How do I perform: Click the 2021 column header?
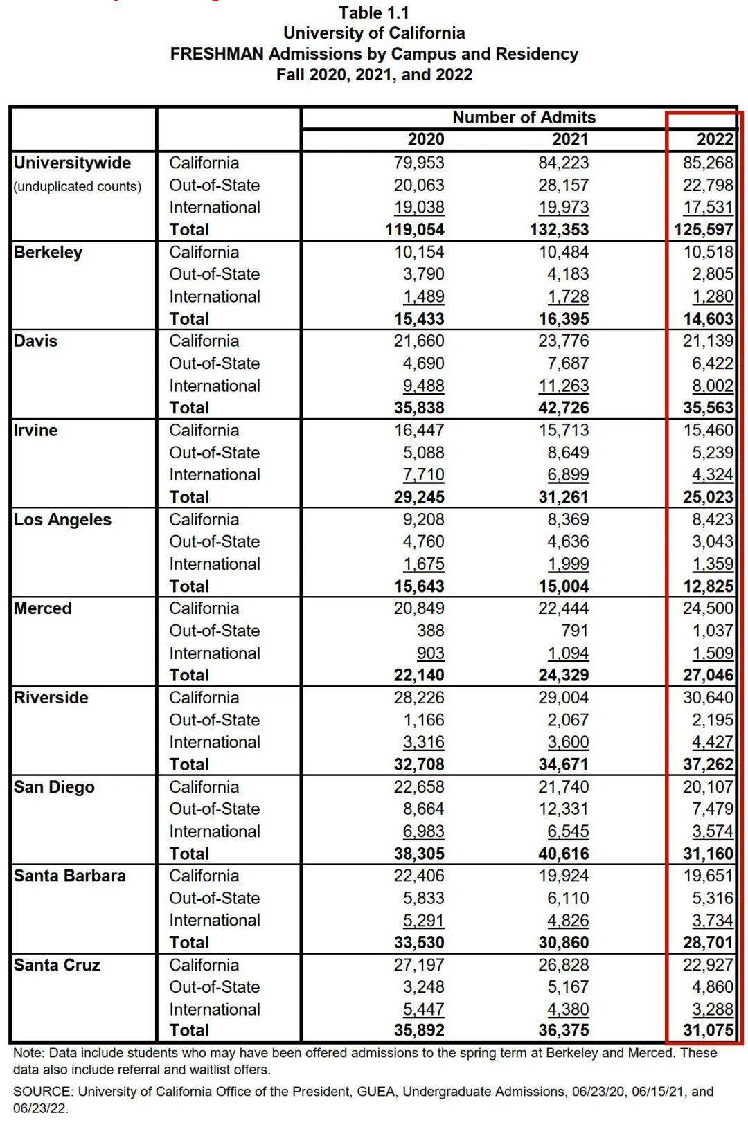pos(570,139)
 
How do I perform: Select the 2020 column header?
pos(426,139)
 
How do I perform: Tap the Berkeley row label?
pos(48,252)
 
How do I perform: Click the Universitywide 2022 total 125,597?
pos(704,229)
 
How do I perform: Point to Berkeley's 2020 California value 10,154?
pos(419,252)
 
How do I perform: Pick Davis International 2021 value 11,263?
pos(563,386)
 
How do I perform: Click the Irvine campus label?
pos(35,430)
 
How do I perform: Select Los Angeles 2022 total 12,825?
pos(709,586)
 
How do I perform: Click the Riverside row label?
pos(51,697)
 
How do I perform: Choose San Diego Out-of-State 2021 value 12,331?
pos(563,809)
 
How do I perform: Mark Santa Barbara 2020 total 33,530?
pos(419,942)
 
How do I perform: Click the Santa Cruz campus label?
pos(57,964)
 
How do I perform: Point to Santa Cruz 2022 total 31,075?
pos(709,1030)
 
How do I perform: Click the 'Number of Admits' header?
pos(524,117)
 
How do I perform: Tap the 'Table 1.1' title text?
pos(374,12)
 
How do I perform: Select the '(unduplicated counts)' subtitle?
pos(78,187)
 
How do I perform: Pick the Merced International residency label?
pos(215,653)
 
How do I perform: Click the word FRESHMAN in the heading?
pos(217,54)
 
